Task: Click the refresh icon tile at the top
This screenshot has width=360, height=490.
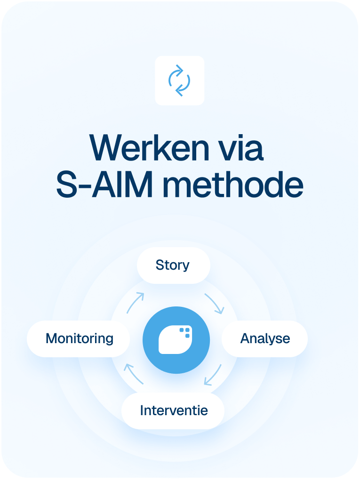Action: (x=179, y=80)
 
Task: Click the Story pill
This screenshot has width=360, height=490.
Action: (x=173, y=265)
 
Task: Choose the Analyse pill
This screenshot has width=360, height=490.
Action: (x=265, y=338)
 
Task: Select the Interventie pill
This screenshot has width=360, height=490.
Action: (x=174, y=410)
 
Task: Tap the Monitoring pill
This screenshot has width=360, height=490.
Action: (x=79, y=338)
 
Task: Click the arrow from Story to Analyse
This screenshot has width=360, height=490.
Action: (x=215, y=304)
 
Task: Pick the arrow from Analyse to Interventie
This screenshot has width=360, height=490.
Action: (x=213, y=375)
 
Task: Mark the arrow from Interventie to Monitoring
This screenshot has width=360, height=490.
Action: (x=134, y=374)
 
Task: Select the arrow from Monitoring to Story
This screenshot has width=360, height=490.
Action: (x=135, y=303)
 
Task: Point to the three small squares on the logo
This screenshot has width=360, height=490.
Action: (x=185, y=333)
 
